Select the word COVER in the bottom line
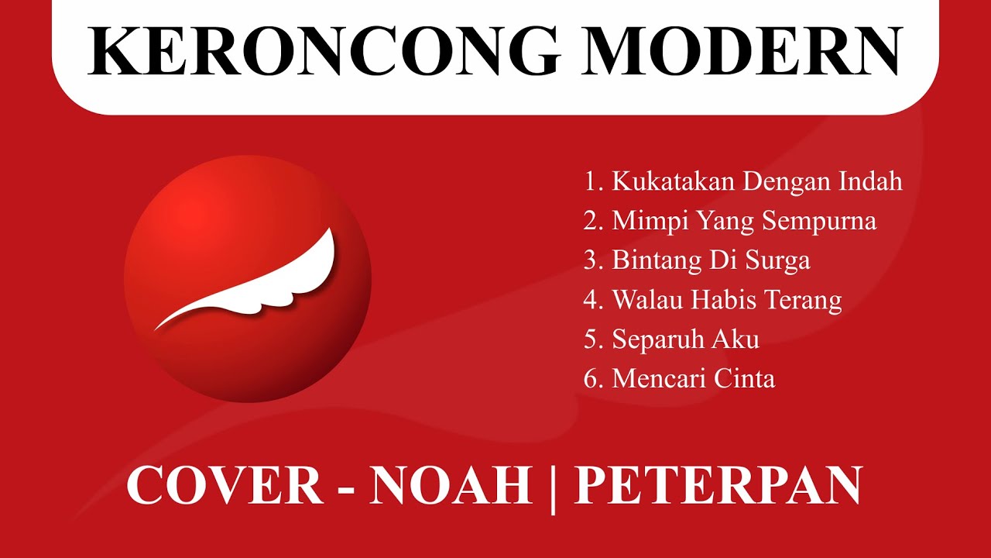(225, 486)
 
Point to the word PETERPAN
(718, 486)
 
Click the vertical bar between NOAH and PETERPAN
(554, 488)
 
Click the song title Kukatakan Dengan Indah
(757, 181)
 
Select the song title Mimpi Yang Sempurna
(744, 221)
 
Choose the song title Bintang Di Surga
(711, 260)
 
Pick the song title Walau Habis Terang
(726, 300)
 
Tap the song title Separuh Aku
(685, 339)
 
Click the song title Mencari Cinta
(693, 379)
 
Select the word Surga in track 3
(777, 260)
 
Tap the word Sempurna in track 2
(819, 221)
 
